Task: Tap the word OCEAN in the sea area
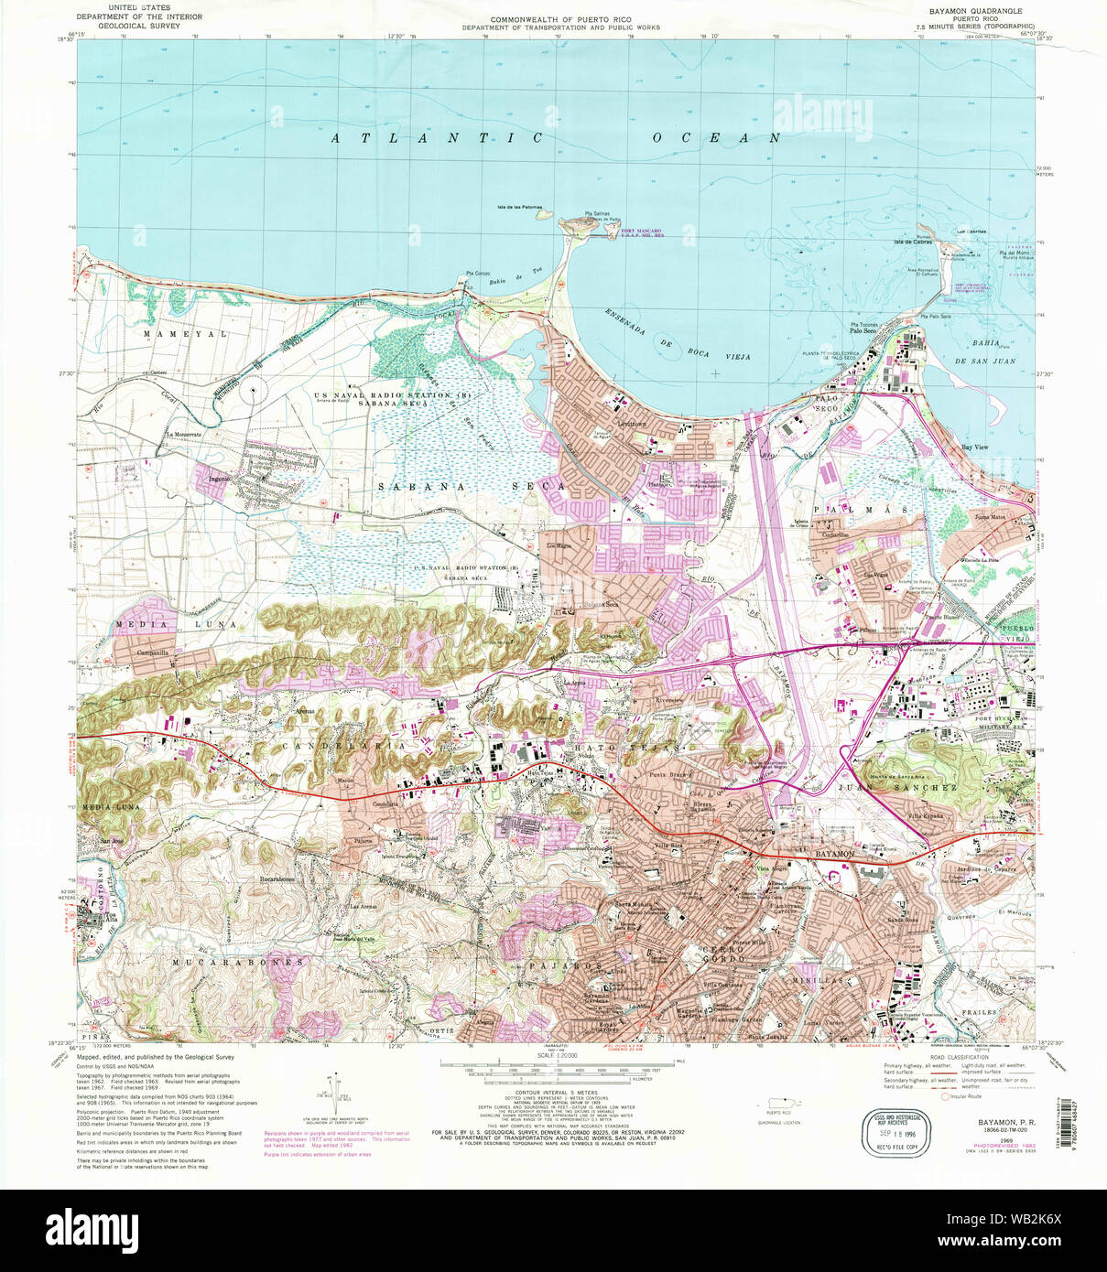point(716,137)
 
